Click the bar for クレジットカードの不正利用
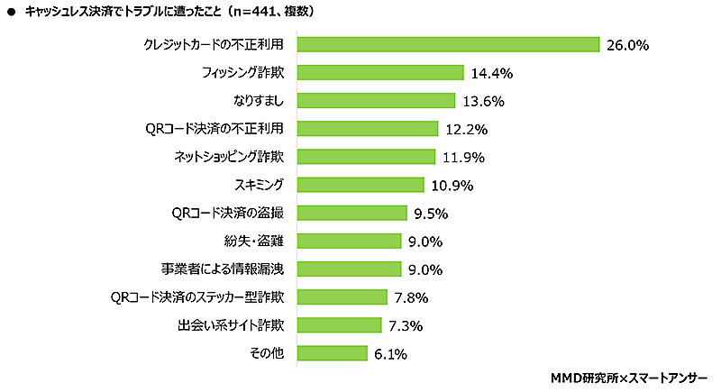point(448,45)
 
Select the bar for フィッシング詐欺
point(379,73)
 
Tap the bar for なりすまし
point(376,101)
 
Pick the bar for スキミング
point(360,185)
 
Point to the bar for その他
point(333,353)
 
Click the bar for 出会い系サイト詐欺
point(339,325)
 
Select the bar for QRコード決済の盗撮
point(352,214)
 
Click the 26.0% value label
point(628,46)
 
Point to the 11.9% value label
point(463,158)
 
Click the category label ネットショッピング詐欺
point(229,157)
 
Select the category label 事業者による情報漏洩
point(224,269)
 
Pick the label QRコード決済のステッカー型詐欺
point(197,296)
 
